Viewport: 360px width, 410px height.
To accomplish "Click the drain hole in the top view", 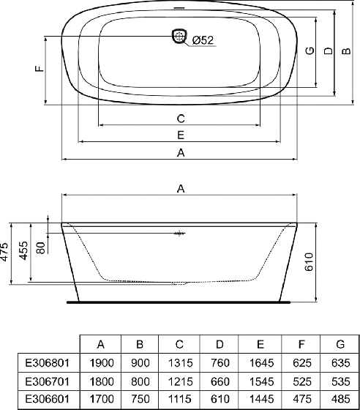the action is click(x=179, y=36).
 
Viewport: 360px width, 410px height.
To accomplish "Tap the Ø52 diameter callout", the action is click(x=203, y=40).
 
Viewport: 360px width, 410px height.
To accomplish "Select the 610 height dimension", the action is click(x=309, y=262).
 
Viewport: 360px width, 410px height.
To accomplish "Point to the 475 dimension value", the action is click(x=4, y=252).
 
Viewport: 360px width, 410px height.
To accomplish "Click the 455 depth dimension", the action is click(x=23, y=250).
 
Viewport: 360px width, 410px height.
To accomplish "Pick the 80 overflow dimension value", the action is click(x=41, y=247).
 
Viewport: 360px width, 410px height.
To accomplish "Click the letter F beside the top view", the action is click(x=40, y=69).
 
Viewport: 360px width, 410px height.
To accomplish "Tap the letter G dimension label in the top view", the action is click(x=310, y=51).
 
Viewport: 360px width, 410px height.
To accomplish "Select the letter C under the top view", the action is click(x=181, y=119).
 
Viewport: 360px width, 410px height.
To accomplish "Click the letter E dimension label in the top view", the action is click(x=181, y=135).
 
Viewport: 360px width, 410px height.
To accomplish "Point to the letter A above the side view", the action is click(x=181, y=188).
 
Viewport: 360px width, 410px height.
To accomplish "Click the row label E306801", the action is click(x=48, y=362).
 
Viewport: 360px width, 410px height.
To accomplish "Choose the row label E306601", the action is click(x=48, y=399).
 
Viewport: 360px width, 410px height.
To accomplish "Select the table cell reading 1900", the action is click(x=102, y=362).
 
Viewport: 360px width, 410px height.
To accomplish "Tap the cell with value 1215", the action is click(x=180, y=381).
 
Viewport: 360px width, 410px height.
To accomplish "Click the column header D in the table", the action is click(x=220, y=344).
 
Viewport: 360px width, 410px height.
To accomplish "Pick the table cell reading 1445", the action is click(x=261, y=399).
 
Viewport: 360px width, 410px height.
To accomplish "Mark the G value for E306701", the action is click(x=341, y=381).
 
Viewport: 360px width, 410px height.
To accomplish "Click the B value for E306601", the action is click(x=140, y=399).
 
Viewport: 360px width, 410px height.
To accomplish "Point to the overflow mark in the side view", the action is click(x=179, y=234).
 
